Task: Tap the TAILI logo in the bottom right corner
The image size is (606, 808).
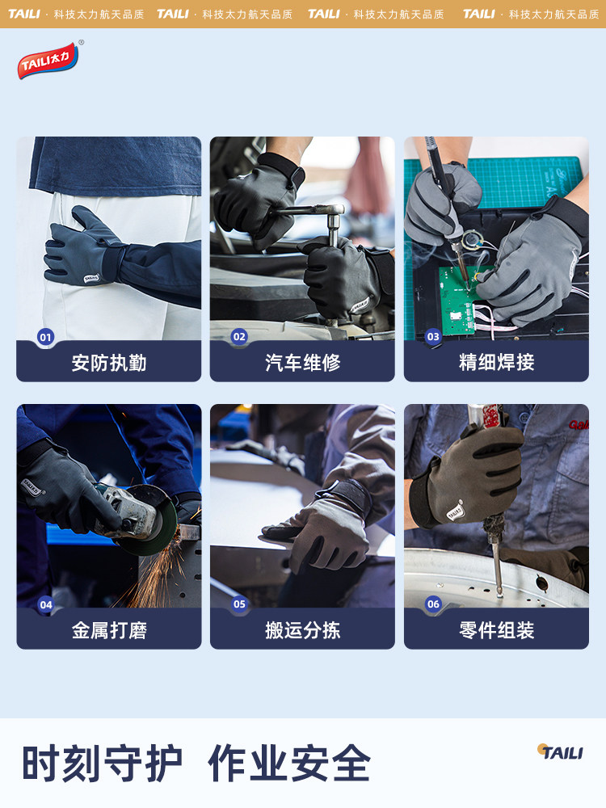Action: [560, 752]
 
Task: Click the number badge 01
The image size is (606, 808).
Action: [45, 337]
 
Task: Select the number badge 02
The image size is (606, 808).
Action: [239, 337]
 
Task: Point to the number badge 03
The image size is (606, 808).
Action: [433, 337]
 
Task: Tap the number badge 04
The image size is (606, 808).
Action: [45, 604]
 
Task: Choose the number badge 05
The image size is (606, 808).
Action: [239, 604]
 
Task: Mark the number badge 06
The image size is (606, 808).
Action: [433, 604]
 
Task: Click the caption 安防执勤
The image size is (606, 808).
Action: [109, 363]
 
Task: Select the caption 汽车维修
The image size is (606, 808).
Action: [302, 363]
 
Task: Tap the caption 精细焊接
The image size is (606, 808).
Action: [496, 363]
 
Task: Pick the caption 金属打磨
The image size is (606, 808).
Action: [109, 630]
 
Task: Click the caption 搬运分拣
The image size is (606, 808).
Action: [302, 630]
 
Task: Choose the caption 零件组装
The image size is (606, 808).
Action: [496, 630]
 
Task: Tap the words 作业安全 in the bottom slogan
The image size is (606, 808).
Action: [289, 763]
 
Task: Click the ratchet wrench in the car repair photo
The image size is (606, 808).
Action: [311, 212]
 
